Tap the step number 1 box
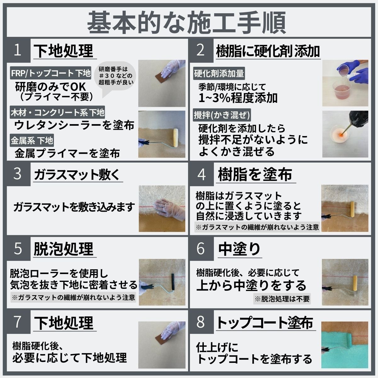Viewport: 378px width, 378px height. pos(18,50)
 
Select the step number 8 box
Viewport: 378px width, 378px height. pos(200,322)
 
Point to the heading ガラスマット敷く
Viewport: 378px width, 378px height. pos(77,175)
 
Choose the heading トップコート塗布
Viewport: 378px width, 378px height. pos(265,323)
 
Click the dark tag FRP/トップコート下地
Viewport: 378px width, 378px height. pos(51,73)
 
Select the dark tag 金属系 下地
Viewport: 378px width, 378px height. pos(32,140)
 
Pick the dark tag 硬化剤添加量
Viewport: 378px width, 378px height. pos(219,74)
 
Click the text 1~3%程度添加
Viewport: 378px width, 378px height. pos(238,98)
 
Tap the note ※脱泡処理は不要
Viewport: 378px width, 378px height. pos(282,299)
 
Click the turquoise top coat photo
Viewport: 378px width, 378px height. pos(345,345)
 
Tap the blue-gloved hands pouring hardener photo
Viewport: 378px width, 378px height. pos(345,83)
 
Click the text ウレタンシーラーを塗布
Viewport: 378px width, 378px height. pos(74,125)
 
